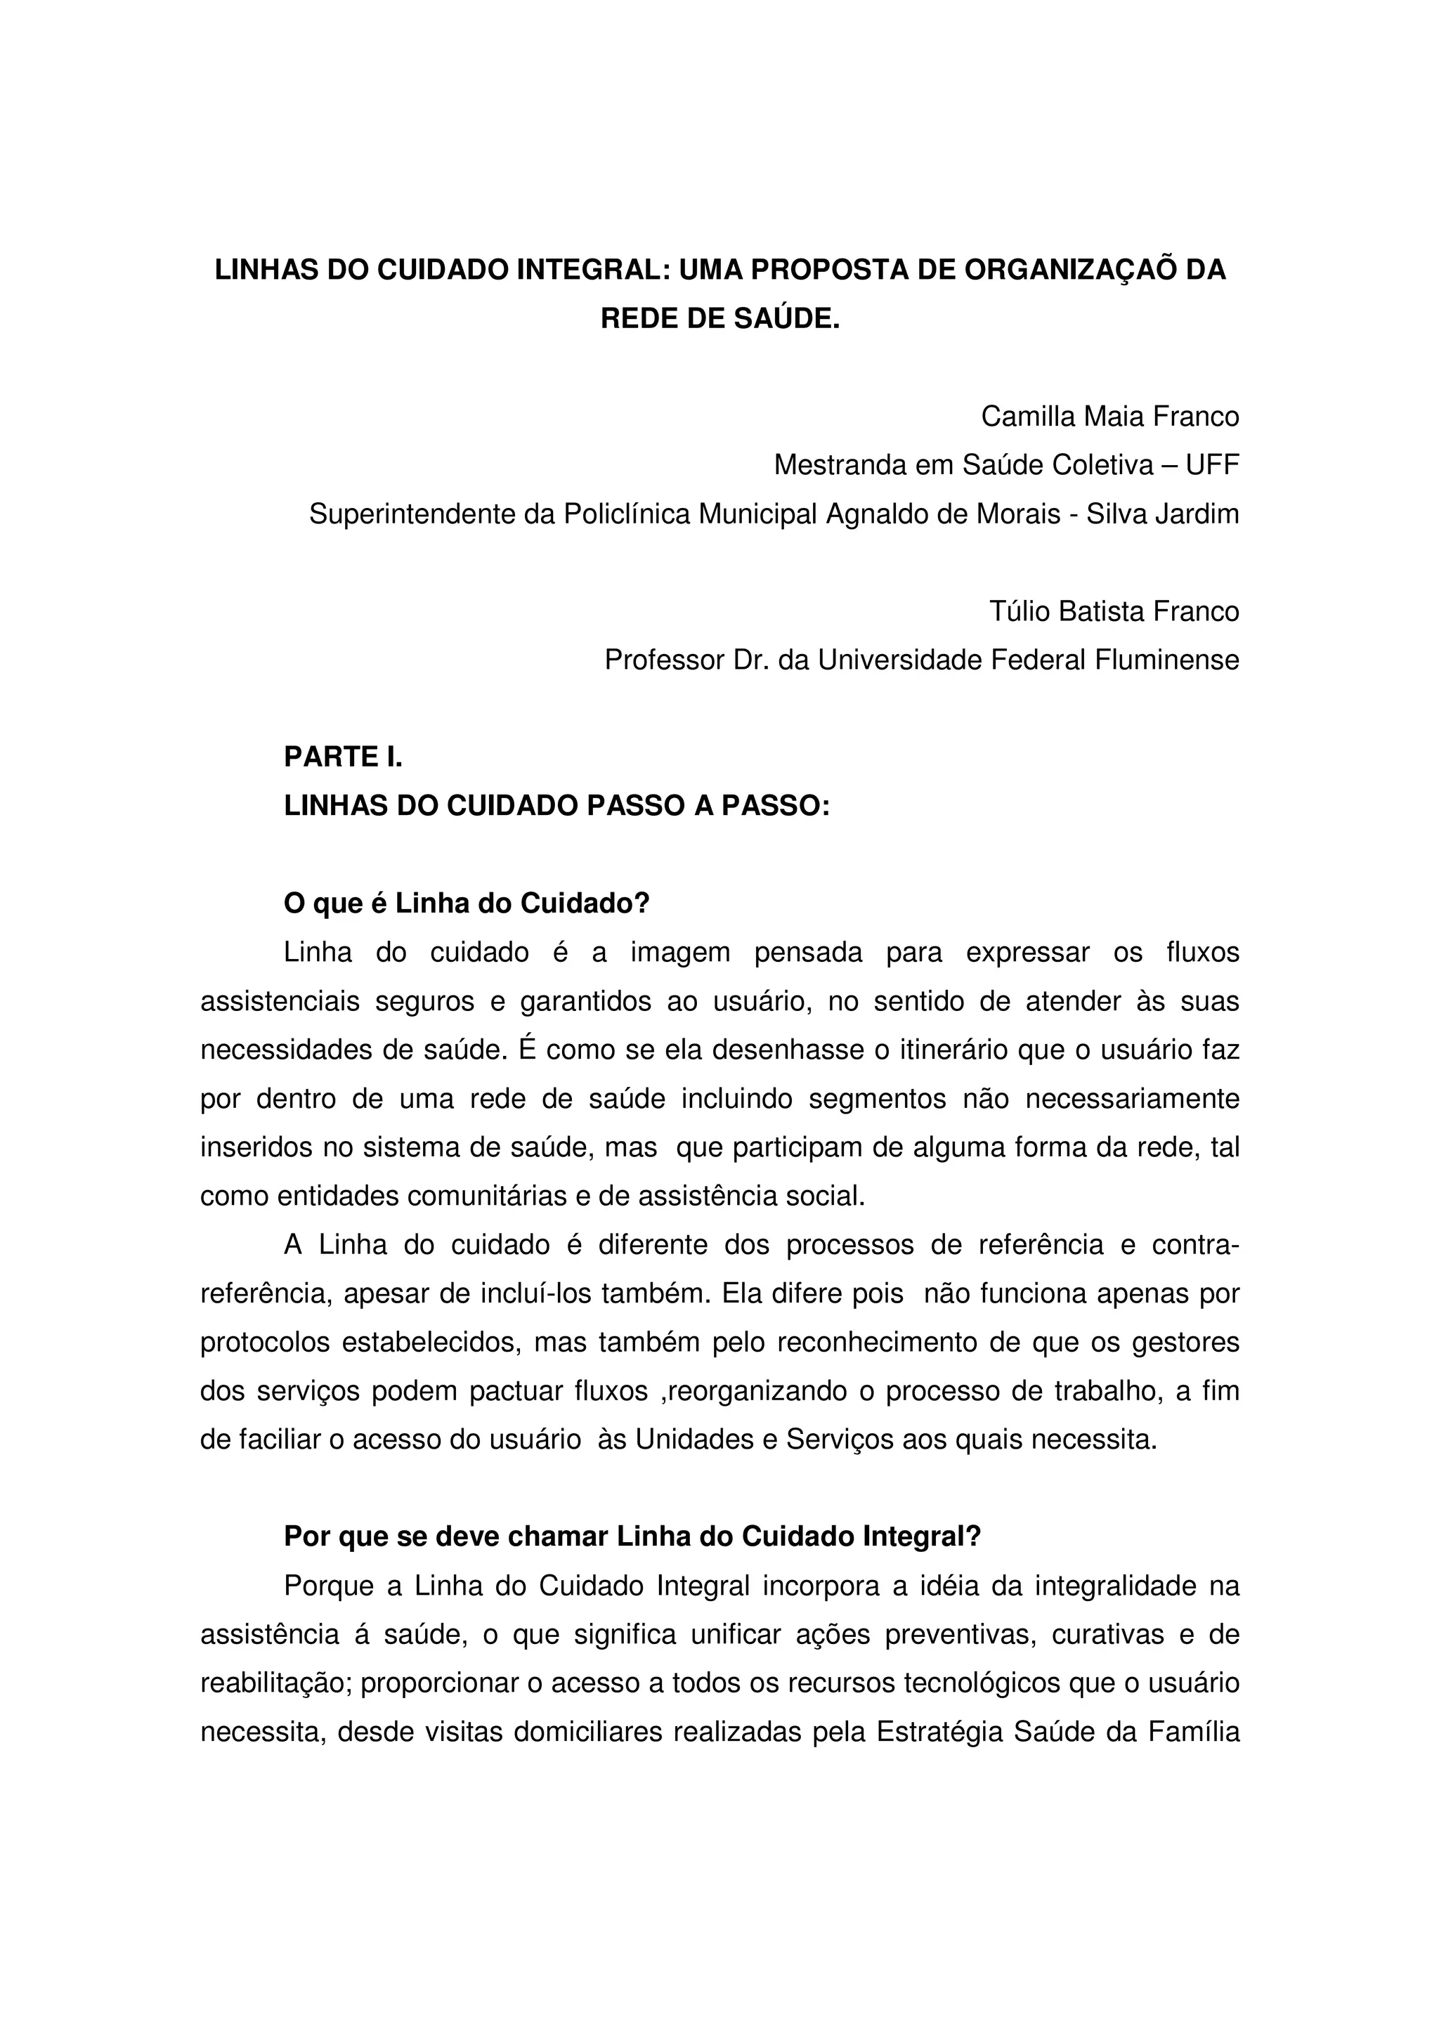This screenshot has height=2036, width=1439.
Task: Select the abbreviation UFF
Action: click(1212, 464)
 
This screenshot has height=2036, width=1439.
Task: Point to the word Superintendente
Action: click(412, 514)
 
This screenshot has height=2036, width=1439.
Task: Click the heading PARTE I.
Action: click(343, 757)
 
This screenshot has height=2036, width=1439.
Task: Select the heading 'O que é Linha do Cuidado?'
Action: click(467, 903)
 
